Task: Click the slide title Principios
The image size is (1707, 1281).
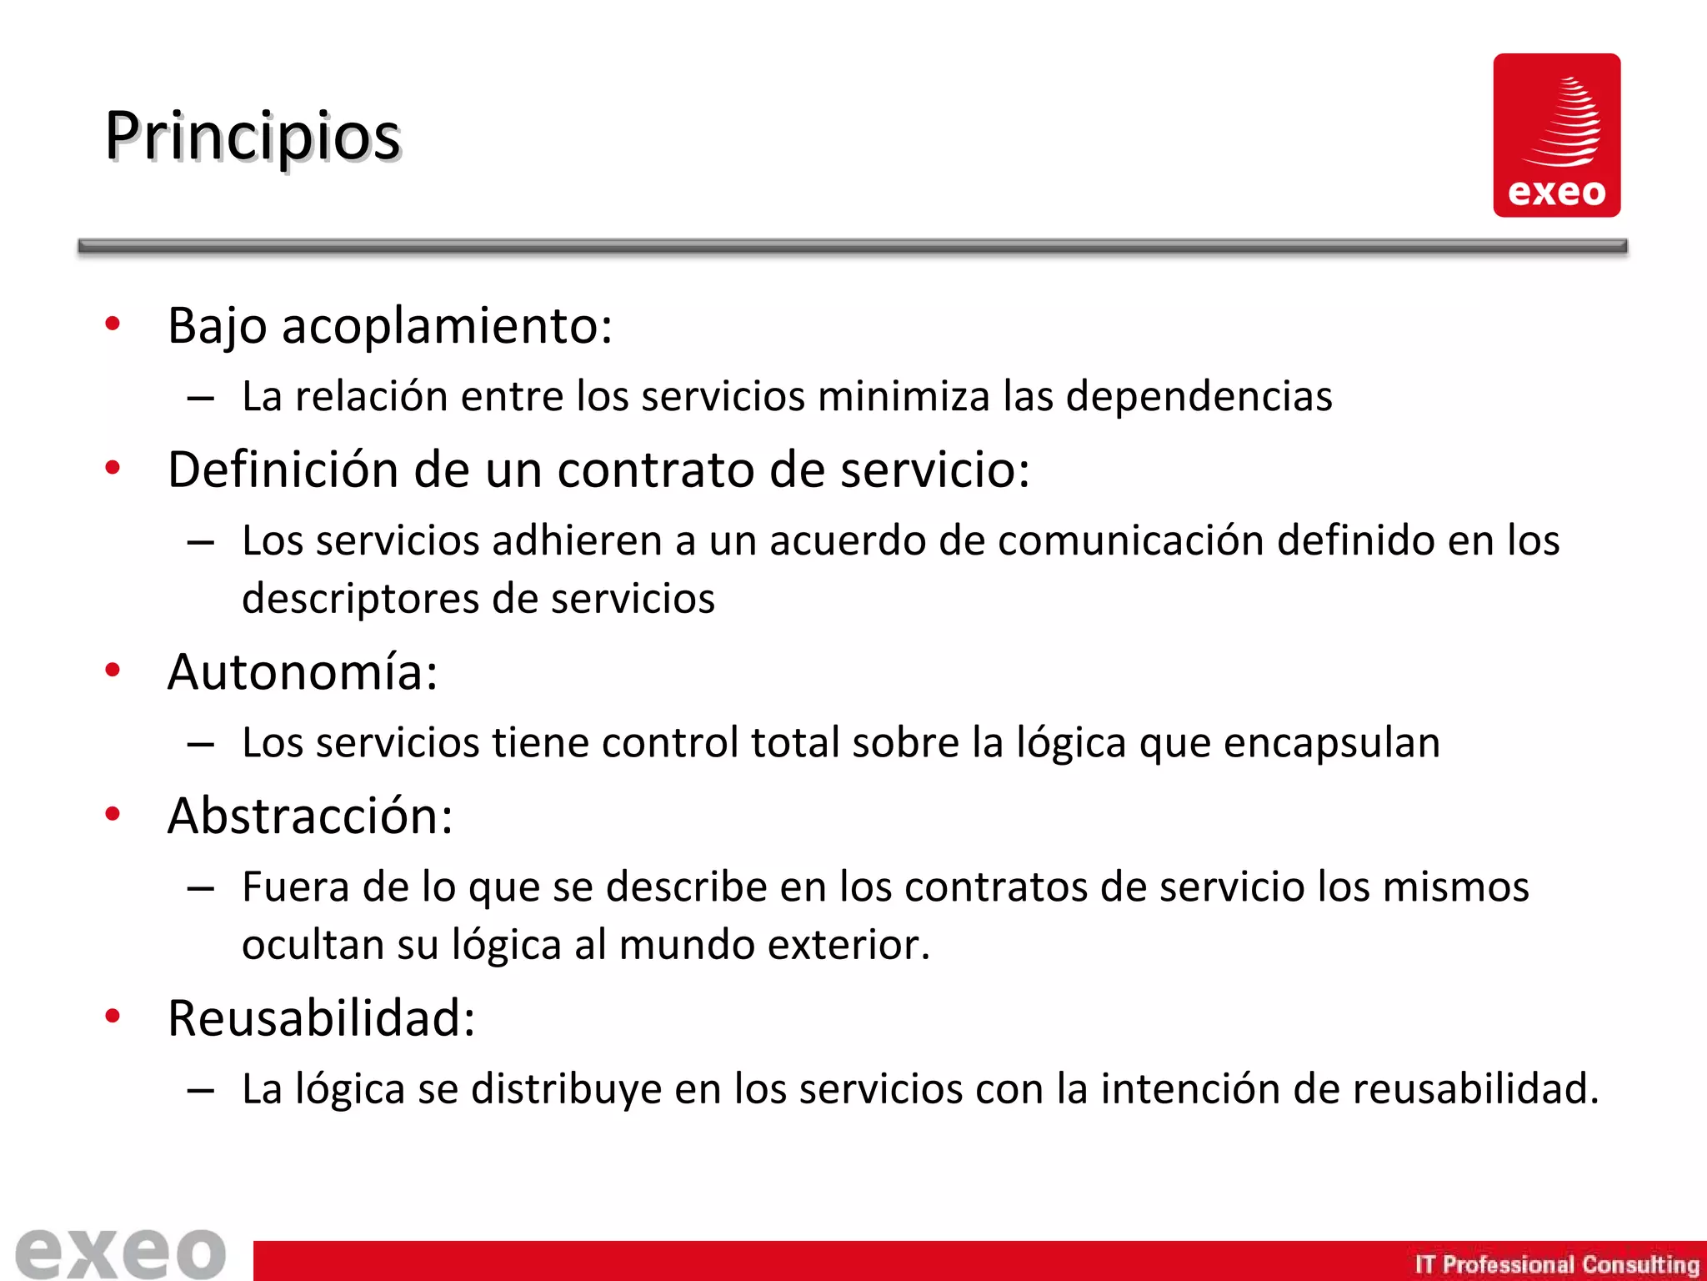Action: (x=253, y=138)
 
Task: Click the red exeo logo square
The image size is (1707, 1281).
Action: (x=1556, y=135)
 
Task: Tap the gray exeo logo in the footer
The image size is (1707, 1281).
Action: (x=121, y=1253)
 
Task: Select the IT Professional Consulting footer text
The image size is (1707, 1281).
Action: (x=1556, y=1264)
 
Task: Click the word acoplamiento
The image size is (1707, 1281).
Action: (x=447, y=326)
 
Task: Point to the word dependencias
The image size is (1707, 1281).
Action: (x=1199, y=396)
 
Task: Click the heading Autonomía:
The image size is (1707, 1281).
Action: (x=303, y=671)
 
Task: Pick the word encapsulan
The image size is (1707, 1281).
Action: (x=1331, y=742)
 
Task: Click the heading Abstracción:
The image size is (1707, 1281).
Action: (x=310, y=816)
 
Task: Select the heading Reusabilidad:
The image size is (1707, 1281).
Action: (x=321, y=1018)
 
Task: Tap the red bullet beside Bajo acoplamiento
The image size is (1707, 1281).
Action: (x=113, y=324)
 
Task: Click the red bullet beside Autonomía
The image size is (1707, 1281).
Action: (x=113, y=670)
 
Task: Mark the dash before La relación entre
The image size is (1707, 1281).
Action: (x=201, y=399)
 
